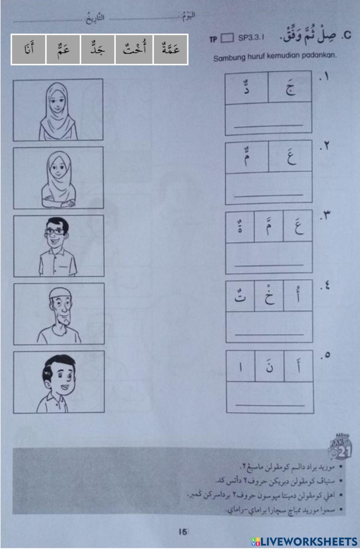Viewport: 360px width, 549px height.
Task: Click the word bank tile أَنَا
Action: (28, 49)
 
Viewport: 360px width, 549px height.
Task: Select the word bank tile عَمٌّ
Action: (63, 49)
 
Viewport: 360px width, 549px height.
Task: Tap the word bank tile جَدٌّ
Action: (98, 49)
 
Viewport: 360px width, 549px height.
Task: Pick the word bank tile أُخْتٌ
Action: (134, 49)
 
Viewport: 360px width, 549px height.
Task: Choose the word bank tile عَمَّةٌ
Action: (171, 49)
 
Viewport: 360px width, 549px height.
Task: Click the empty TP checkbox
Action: (227, 38)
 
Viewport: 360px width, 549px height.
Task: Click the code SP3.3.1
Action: (251, 37)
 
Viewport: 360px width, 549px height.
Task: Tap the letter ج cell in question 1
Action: (290, 87)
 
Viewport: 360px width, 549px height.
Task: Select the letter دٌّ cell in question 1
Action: (247, 87)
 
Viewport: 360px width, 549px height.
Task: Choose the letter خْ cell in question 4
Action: (269, 296)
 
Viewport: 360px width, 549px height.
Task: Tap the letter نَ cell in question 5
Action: (269, 366)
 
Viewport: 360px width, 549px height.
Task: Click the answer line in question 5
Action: (270, 405)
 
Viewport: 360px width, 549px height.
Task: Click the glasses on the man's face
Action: (56, 231)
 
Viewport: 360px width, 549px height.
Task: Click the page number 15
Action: (183, 531)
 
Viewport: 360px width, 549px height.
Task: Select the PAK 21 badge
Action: (341, 446)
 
